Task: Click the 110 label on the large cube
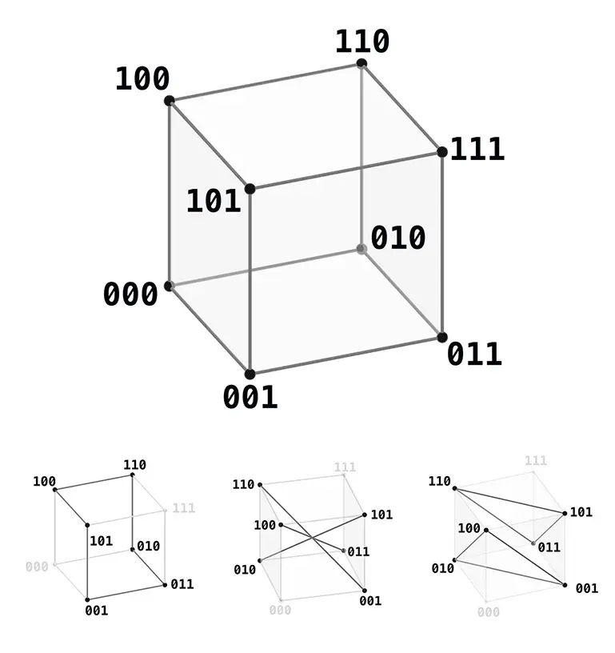point(362,42)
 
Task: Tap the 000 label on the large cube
point(130,294)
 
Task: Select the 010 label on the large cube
point(397,238)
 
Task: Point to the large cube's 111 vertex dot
point(442,152)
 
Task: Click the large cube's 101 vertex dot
point(250,189)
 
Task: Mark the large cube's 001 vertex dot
point(250,374)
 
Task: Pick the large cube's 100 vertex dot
point(169,100)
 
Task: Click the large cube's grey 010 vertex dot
point(361,249)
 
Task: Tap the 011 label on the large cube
point(474,354)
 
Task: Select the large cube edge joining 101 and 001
point(250,282)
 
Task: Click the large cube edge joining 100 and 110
point(266,82)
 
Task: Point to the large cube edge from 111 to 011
point(442,244)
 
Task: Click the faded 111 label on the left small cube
point(184,507)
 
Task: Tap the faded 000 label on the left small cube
point(37,567)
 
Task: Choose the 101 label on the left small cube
point(101,540)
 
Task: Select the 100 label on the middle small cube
point(265,525)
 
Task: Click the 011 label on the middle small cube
point(358,552)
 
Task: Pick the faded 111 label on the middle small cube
point(345,467)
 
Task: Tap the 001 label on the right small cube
point(587,588)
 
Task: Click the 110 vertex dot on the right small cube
point(455,488)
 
